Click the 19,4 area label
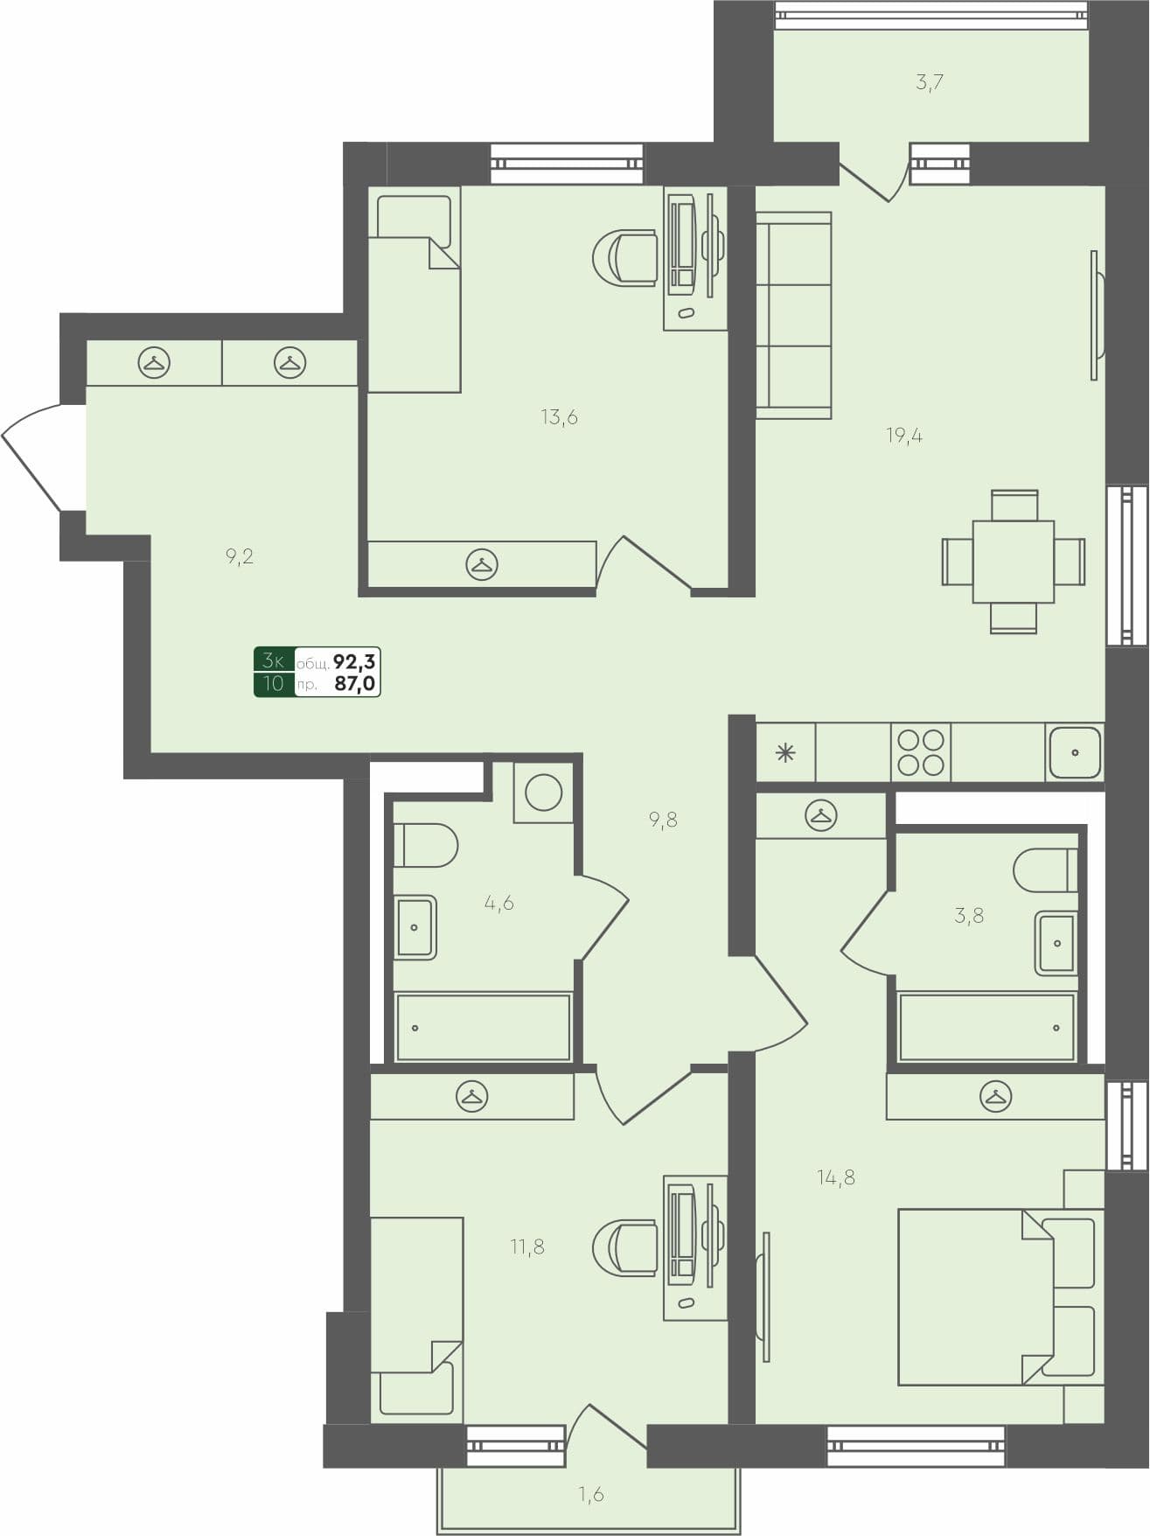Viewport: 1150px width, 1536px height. tap(904, 436)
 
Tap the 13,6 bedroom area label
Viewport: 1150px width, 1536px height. tap(559, 417)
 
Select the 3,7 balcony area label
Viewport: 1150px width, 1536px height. tap(929, 84)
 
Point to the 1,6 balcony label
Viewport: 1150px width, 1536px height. tap(591, 1494)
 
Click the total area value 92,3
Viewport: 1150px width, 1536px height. tap(354, 660)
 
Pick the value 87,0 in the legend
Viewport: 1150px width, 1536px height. tap(354, 683)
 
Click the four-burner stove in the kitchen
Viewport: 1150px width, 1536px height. tap(921, 752)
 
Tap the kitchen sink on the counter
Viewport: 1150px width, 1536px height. tap(1075, 752)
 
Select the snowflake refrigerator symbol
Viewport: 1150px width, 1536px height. tap(785, 752)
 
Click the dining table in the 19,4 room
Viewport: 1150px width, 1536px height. tap(1014, 562)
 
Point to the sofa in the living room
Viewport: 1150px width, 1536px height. tap(793, 315)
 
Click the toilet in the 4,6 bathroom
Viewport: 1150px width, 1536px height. tap(426, 845)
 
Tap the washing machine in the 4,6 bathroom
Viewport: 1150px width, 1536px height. tap(543, 792)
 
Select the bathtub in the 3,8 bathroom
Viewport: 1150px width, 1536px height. tap(986, 1028)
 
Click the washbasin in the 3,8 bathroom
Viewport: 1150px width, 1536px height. tap(1056, 943)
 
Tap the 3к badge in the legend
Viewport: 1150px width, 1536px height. tap(274, 660)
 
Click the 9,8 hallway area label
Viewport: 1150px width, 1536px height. tap(663, 820)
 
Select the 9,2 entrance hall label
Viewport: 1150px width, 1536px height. tap(239, 556)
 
